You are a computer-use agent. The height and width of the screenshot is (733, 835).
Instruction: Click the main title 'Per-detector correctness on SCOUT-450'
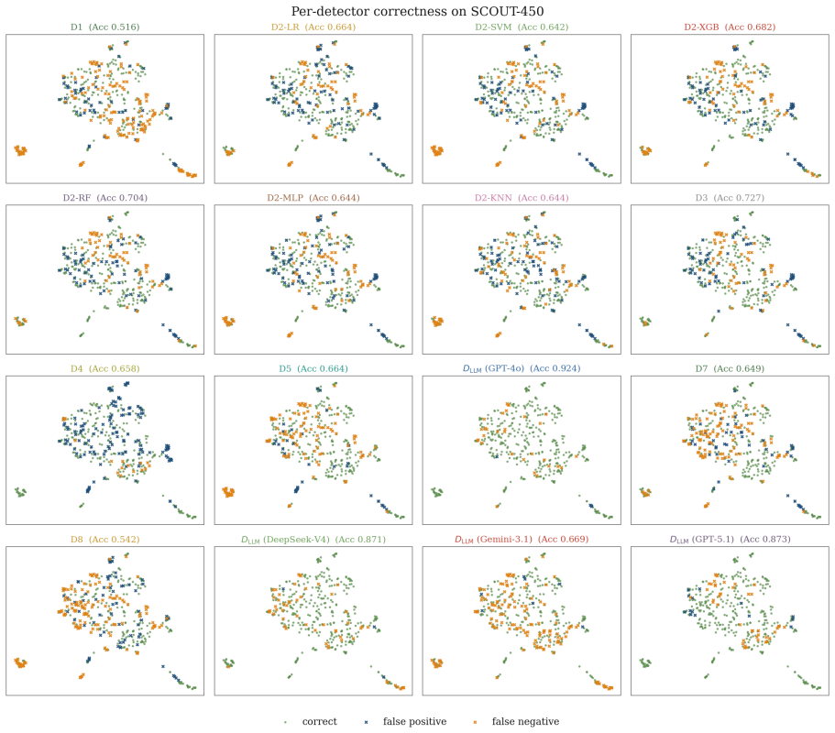click(418, 11)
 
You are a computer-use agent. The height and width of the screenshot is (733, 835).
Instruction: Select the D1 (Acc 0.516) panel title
click(104, 27)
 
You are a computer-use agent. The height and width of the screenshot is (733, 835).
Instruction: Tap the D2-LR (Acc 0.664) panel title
click(313, 27)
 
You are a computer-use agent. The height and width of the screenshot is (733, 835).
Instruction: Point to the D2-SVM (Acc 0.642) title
click(522, 27)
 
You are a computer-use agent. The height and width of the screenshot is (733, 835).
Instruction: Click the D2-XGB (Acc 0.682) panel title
click(730, 27)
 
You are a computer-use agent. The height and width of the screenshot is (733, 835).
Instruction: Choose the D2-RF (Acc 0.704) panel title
click(104, 198)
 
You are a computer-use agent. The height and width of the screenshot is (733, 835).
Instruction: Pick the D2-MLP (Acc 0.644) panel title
click(313, 198)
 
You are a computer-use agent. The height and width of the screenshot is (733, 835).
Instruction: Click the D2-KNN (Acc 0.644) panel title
click(522, 198)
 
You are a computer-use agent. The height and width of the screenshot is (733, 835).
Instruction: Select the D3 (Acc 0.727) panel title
click(730, 198)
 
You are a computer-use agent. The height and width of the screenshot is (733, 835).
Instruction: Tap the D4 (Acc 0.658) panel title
click(104, 369)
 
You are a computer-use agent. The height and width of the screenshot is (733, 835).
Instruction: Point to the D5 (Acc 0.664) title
click(313, 369)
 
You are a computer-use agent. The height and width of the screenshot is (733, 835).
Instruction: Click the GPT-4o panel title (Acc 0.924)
click(522, 368)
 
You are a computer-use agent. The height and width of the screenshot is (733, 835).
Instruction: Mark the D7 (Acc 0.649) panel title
click(730, 369)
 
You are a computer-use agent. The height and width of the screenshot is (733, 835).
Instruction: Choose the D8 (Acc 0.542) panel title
click(104, 540)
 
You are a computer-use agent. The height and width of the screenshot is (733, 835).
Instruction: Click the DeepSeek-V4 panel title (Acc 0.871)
click(313, 540)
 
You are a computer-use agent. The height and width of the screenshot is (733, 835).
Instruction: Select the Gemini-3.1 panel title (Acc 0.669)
click(522, 540)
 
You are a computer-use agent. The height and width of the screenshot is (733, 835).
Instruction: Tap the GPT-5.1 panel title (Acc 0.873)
click(730, 540)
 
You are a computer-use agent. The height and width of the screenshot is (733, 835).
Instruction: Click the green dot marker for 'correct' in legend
click(285, 722)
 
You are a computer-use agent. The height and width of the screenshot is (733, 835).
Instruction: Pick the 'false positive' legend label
click(415, 722)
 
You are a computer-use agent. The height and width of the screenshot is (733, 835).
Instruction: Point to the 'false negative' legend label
click(525, 722)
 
